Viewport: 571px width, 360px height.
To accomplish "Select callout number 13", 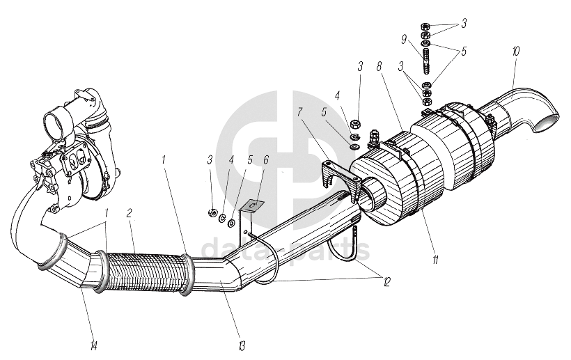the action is [241, 343].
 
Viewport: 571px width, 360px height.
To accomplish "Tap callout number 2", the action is [130, 213].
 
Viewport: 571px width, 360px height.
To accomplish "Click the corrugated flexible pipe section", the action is [146, 267].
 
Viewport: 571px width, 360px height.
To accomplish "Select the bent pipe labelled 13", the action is [223, 275].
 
